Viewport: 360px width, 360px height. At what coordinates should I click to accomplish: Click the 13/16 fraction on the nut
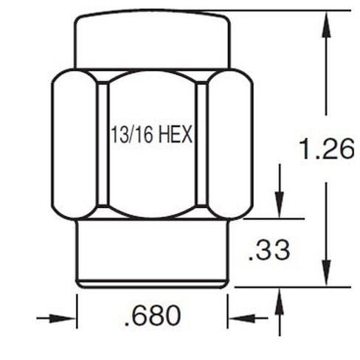click(x=128, y=136)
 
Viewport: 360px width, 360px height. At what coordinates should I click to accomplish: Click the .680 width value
click(x=153, y=316)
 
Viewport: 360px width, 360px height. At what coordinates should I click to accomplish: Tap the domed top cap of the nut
click(x=151, y=41)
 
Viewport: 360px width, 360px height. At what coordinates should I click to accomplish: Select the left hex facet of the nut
click(x=74, y=145)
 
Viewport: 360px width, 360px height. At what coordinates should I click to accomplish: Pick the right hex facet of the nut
click(x=229, y=145)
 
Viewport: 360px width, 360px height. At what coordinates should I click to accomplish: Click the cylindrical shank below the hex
click(x=151, y=251)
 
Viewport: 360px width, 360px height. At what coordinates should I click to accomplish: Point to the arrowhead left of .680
click(x=69, y=319)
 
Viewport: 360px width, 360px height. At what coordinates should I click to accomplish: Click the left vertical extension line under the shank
click(x=77, y=314)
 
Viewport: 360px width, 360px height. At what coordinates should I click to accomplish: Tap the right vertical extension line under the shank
click(x=227, y=314)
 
